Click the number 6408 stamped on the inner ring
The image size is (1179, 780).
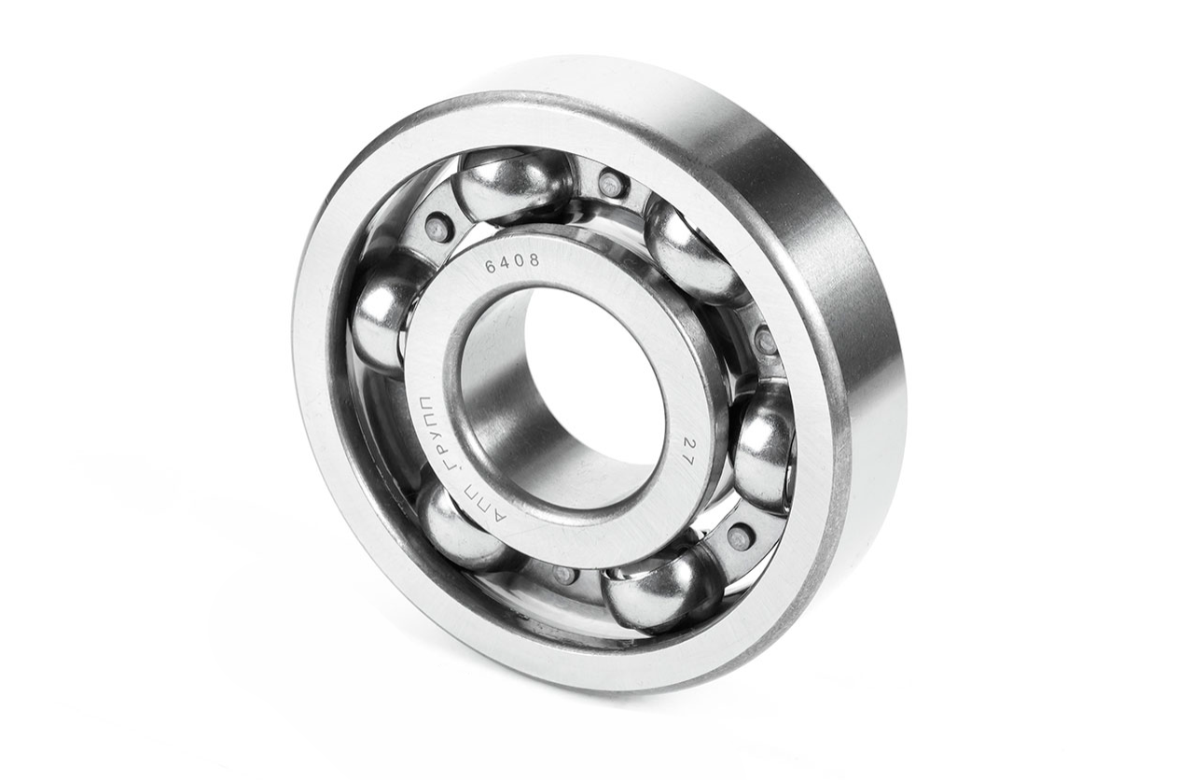[x=512, y=262]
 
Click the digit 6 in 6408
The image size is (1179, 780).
[x=491, y=268]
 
